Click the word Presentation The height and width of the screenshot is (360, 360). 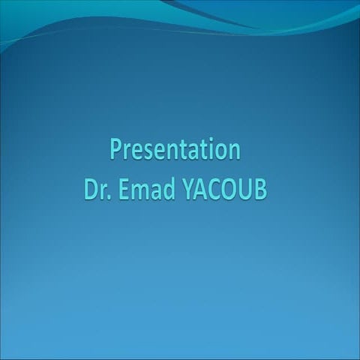tap(175, 150)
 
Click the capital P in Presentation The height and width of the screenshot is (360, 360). tap(116, 150)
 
